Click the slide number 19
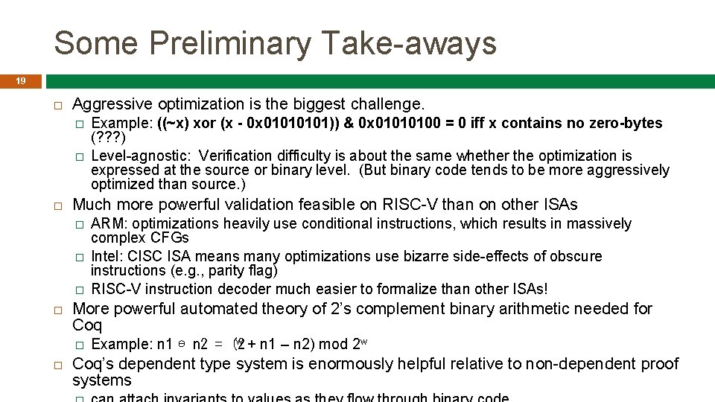click(x=21, y=81)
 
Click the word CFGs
click(x=170, y=238)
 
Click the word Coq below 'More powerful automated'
click(x=87, y=325)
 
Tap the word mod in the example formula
click(x=333, y=344)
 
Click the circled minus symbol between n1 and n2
click(x=182, y=344)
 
